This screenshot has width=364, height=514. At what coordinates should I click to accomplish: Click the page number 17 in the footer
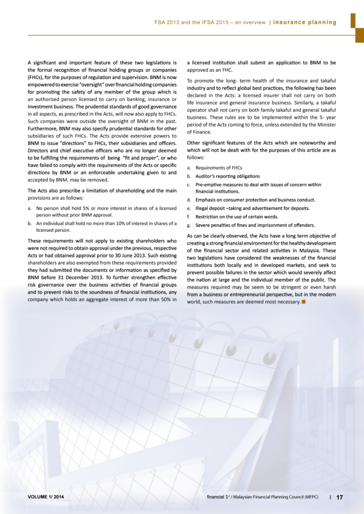coord(339,497)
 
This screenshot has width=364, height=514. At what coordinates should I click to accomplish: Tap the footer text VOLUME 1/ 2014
coord(46,497)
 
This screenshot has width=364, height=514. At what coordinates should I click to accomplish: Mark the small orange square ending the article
coord(304,302)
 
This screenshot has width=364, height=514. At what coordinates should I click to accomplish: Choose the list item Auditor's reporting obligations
coord(227,176)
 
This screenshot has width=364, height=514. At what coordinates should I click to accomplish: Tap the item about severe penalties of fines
coord(255,225)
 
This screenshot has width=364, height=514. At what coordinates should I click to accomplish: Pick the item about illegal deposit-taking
coord(252,208)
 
